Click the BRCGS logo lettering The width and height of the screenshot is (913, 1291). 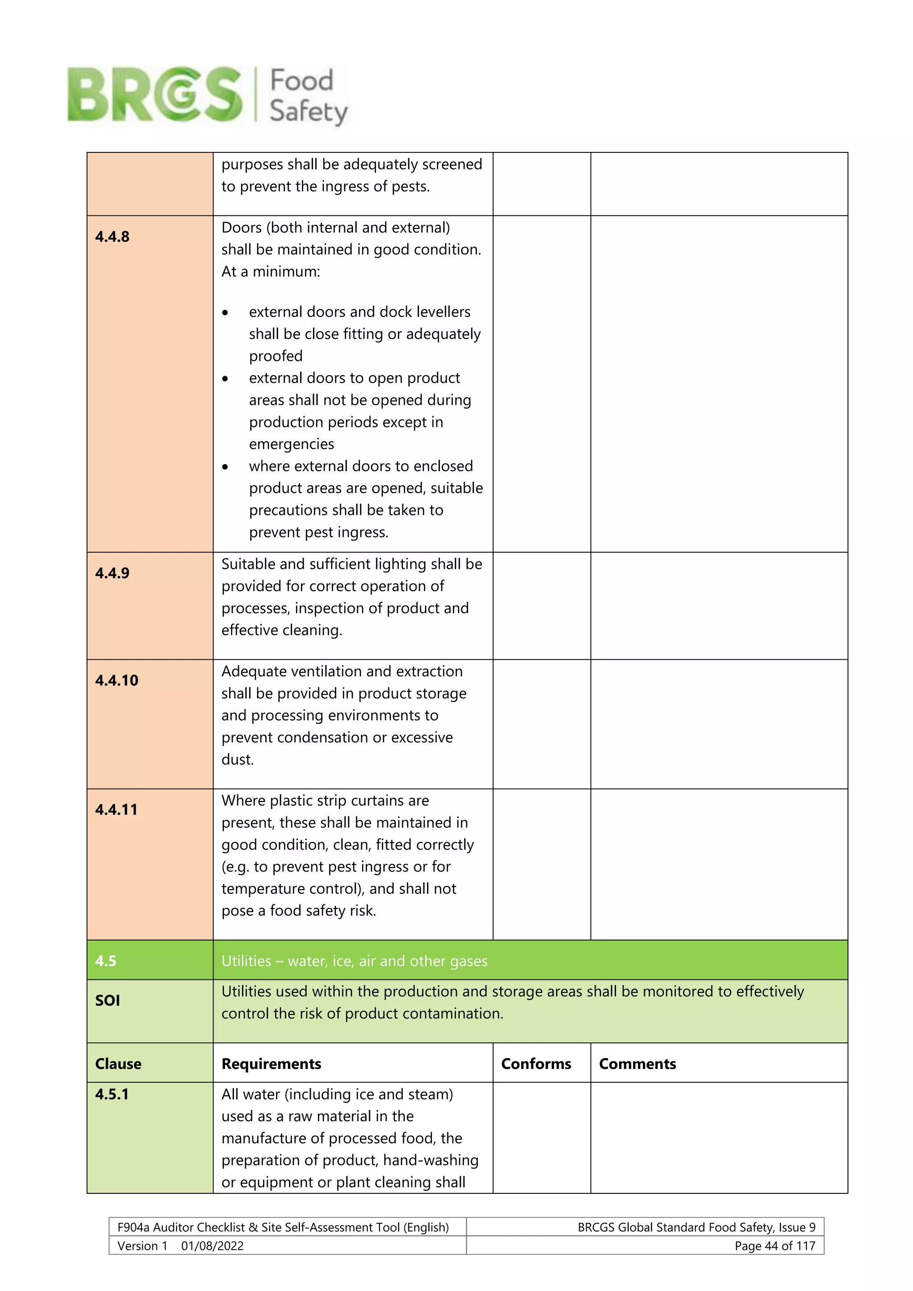[155, 95]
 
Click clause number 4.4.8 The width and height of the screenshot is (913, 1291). [112, 237]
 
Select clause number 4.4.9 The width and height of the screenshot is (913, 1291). [112, 573]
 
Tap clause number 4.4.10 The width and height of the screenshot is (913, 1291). [116, 680]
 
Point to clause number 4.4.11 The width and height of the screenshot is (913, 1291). [116, 810]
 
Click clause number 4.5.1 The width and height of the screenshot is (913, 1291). [112, 1094]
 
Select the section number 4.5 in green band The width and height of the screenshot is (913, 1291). [106, 961]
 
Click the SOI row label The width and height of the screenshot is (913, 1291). [107, 1000]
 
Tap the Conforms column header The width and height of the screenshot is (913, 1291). [536, 1064]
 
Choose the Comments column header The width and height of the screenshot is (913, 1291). [637, 1064]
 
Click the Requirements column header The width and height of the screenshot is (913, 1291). [271, 1064]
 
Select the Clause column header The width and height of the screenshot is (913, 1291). [118, 1064]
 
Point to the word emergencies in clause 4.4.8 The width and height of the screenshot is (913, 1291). [291, 444]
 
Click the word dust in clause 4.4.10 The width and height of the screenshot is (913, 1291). [237, 760]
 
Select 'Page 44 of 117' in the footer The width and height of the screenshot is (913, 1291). [774, 1246]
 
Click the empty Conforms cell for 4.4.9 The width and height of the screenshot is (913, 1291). [541, 605]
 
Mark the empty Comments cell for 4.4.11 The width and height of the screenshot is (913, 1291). [719, 864]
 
